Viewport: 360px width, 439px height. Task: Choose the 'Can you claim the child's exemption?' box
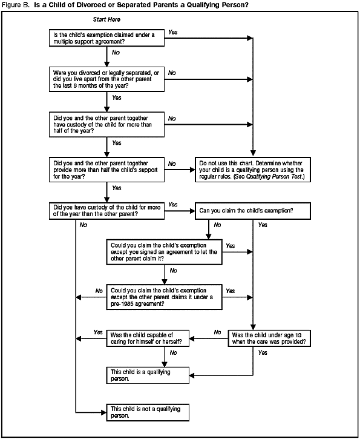[x=250, y=211]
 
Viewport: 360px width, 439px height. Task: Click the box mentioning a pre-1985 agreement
[x=164, y=296]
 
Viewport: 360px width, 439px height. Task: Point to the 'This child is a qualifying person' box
[x=148, y=375]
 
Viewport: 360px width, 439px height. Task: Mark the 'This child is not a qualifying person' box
[x=148, y=413]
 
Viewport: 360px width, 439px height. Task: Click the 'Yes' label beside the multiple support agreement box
[x=172, y=31]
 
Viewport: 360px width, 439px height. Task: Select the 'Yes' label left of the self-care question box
[x=98, y=332]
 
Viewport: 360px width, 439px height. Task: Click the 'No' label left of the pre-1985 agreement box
[x=99, y=291]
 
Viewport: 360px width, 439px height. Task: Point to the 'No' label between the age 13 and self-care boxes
[x=218, y=332]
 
